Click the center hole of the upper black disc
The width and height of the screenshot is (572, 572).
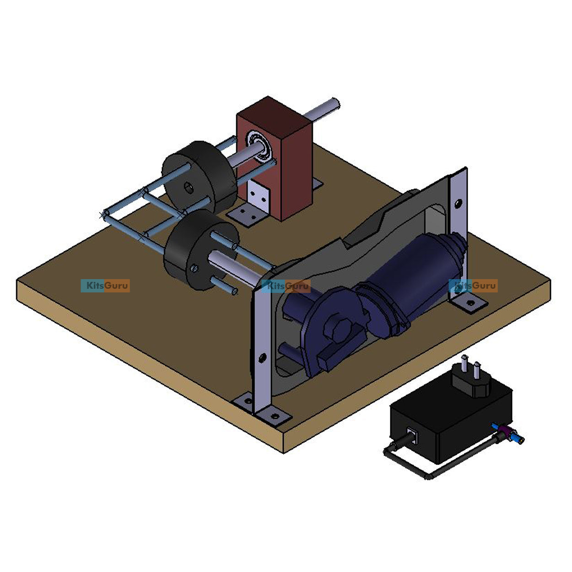point(188,187)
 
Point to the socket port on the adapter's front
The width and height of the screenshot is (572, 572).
point(411,435)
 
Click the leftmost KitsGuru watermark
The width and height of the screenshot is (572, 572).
point(105,286)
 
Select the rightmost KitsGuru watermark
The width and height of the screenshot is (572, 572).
point(474,286)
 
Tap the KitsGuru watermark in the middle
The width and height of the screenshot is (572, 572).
point(287,286)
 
